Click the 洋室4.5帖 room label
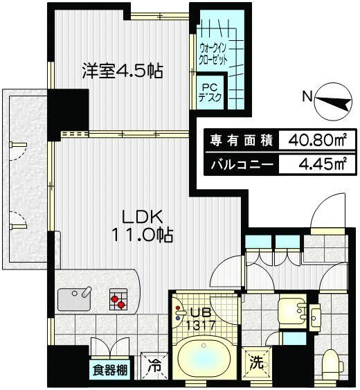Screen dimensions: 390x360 coord(123,71)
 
